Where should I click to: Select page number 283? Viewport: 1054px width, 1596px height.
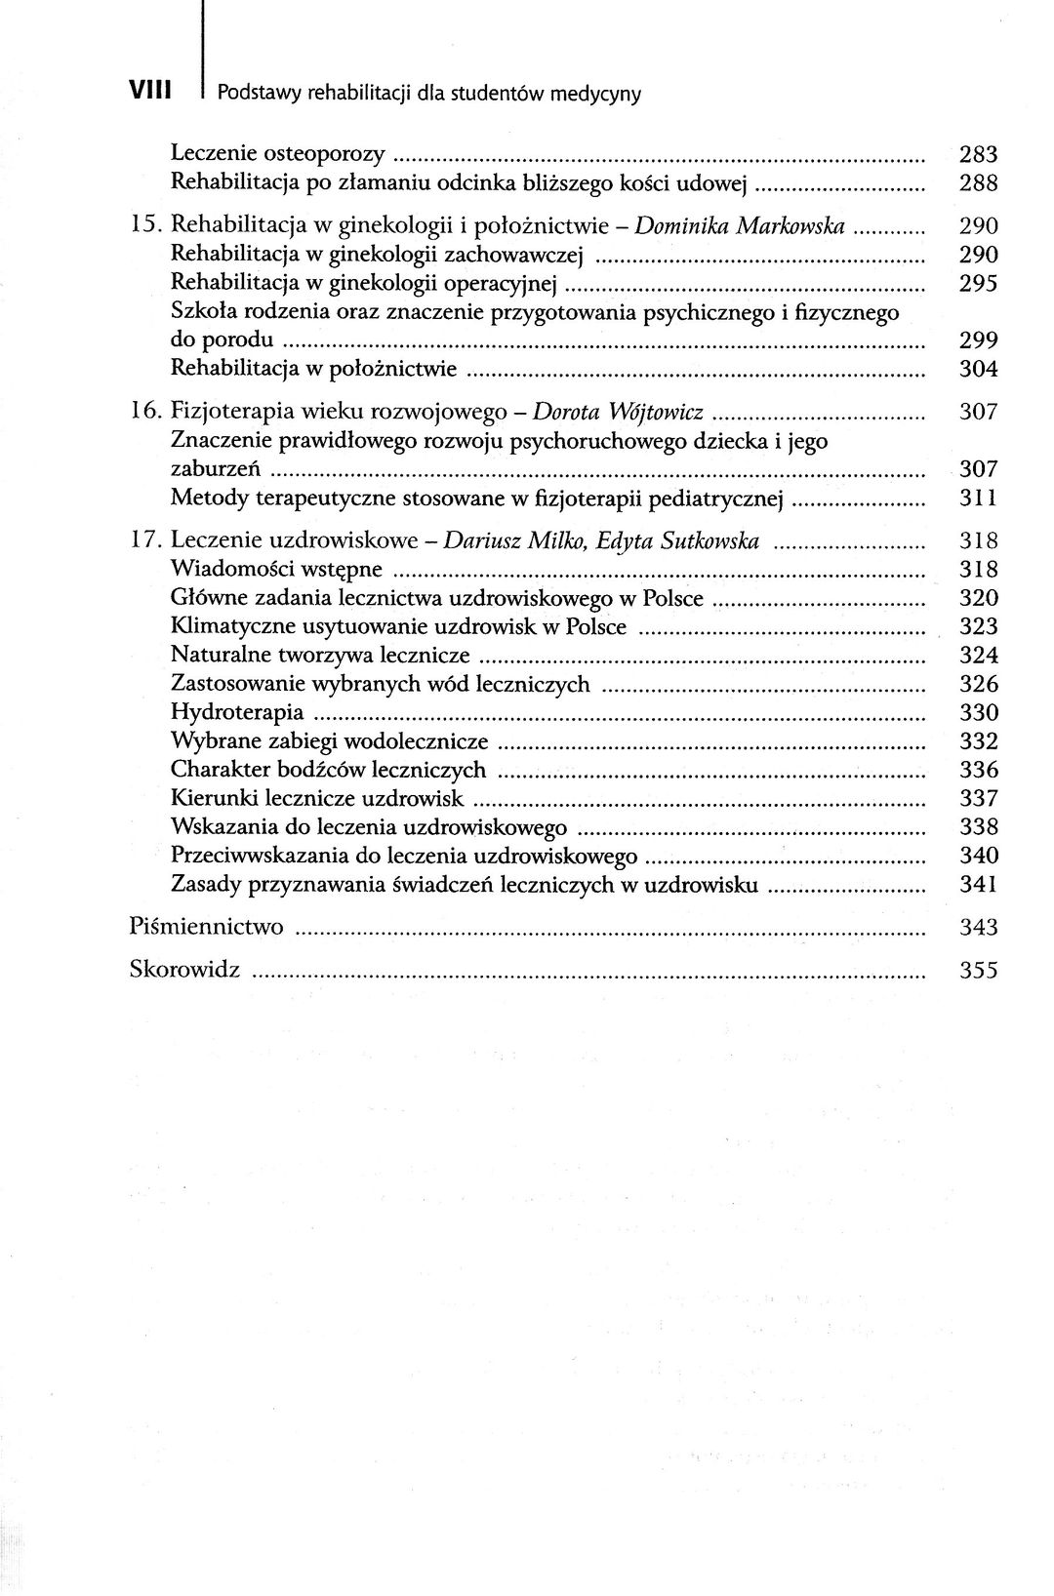(x=979, y=153)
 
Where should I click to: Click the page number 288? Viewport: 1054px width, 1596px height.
(x=979, y=182)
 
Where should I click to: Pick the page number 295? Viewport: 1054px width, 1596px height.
(x=979, y=284)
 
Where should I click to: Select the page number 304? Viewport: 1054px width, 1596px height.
(x=979, y=370)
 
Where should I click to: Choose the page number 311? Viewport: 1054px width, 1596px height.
(x=979, y=499)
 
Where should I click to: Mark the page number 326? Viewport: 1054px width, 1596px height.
(x=979, y=684)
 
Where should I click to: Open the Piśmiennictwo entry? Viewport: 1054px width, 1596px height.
(x=206, y=927)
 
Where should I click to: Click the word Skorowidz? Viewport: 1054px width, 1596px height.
(x=184, y=971)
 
